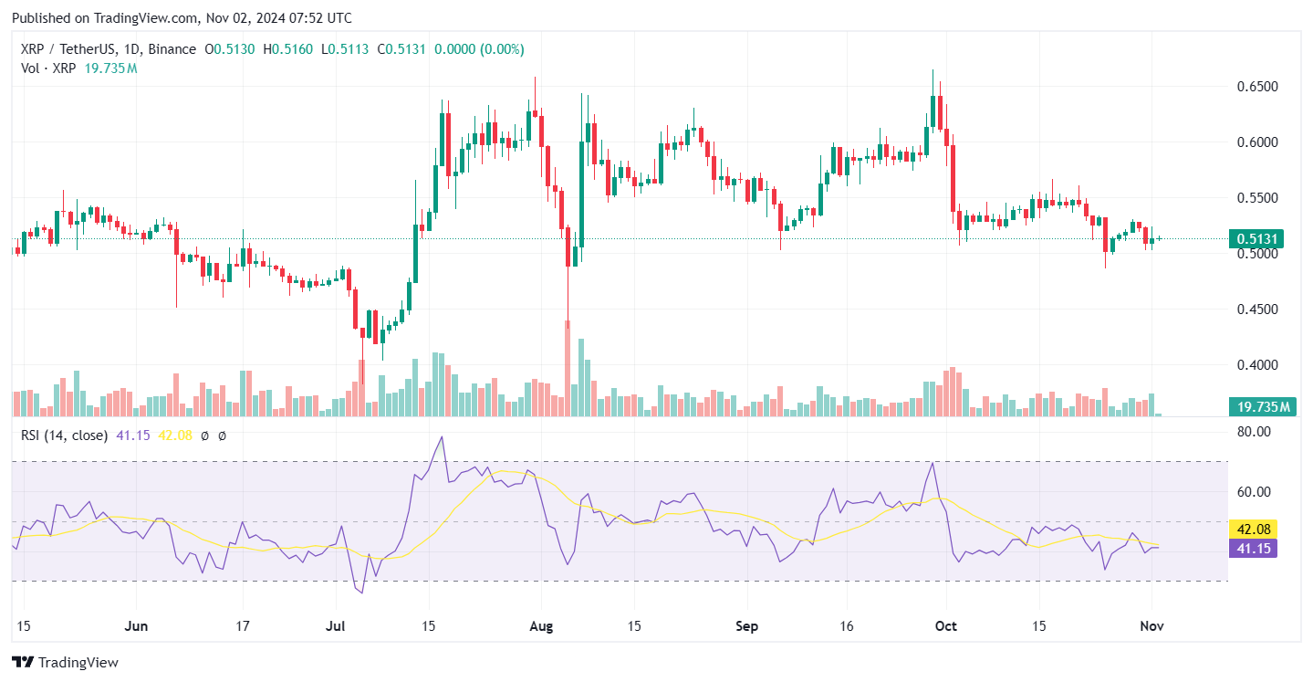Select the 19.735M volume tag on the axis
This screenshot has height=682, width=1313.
click(1263, 407)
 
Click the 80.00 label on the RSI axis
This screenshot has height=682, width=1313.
click(1254, 432)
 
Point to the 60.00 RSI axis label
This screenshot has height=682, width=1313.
click(1254, 492)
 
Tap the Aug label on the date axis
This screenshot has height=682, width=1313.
click(541, 627)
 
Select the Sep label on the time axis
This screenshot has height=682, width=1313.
click(746, 627)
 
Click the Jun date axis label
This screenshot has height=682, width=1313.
click(136, 627)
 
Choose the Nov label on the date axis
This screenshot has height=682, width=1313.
click(1151, 627)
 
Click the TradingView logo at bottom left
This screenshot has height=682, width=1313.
click(65, 662)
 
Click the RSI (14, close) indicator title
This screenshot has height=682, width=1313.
click(64, 435)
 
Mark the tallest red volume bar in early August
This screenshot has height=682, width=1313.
click(568, 368)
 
